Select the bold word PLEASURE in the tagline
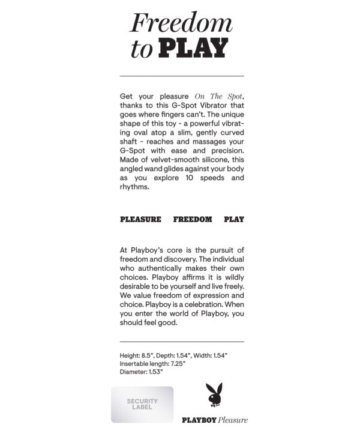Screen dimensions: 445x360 tap(140, 220)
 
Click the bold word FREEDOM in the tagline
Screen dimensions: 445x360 tap(193, 220)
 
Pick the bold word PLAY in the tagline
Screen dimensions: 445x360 tap(234, 220)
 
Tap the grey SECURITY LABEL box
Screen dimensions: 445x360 tap(142, 404)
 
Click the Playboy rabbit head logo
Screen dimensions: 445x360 tap(214, 395)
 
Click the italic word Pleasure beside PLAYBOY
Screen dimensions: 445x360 tap(233, 420)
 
